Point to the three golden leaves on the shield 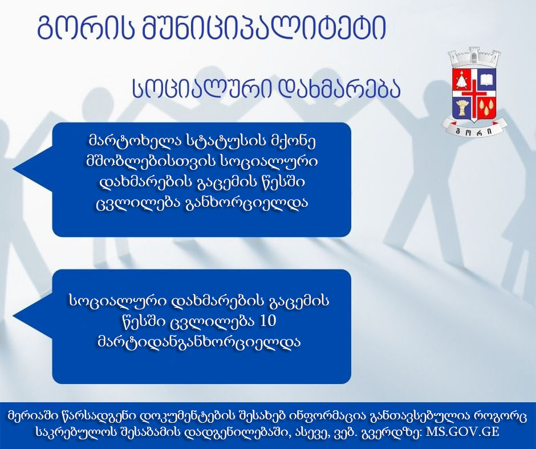[x=486, y=108]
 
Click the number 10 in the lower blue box [x=268, y=321]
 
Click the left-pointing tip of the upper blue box [x=13, y=169]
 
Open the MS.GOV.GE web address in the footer [x=462, y=431]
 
